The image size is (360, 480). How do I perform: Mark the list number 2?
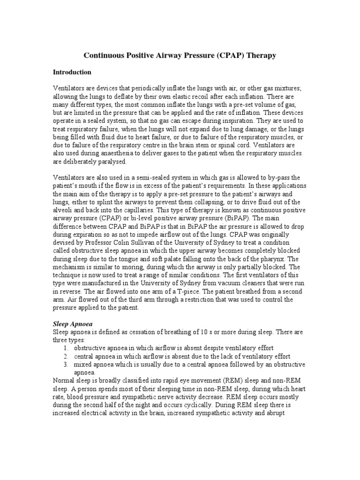coord(66,356)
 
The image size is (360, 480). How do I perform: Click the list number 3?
coord(66,364)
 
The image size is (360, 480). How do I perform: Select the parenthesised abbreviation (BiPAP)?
coord(239,218)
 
